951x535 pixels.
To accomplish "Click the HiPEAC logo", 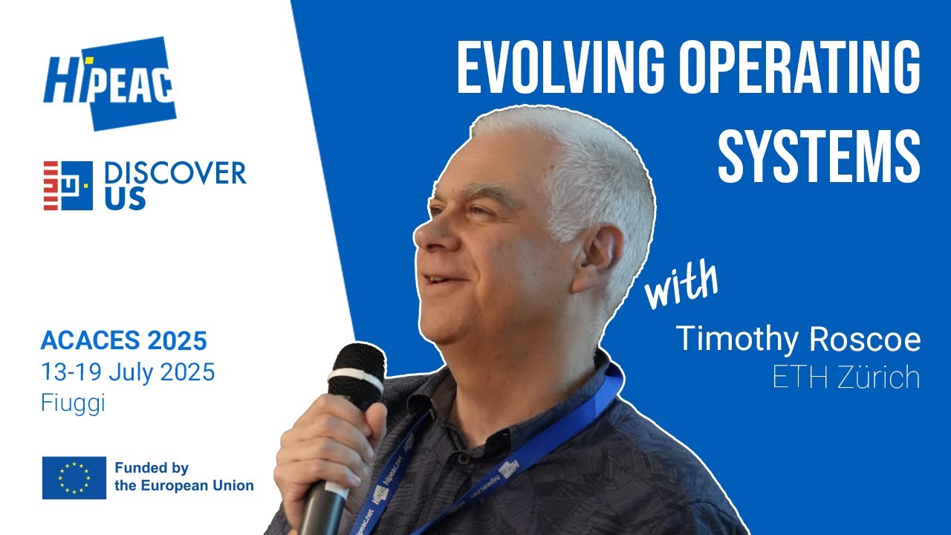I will [109, 82].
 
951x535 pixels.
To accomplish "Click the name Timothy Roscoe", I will [797, 340].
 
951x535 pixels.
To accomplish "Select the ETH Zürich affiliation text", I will [845, 377].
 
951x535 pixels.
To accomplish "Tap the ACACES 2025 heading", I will [123, 341].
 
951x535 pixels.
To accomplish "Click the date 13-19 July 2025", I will [128, 372].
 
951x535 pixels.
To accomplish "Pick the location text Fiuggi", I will [73, 403].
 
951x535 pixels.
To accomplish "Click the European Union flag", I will [74, 477].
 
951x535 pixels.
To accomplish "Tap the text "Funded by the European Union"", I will [184, 477].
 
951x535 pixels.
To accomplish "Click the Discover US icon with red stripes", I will [68, 185].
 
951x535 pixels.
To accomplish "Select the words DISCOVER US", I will [175, 185].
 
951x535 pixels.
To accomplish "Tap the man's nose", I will [427, 236].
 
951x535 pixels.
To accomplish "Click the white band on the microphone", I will [356, 385].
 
